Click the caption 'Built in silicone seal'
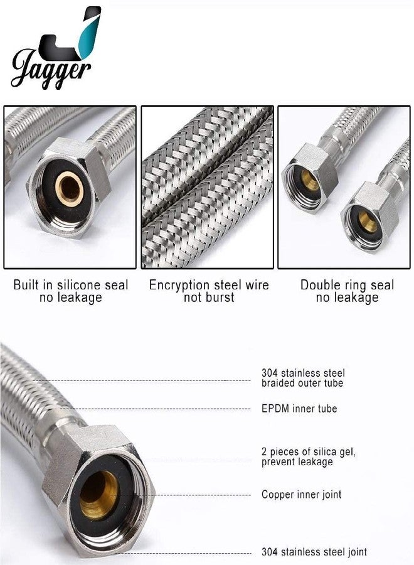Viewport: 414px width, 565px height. pos(70,285)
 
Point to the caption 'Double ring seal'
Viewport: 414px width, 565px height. pos(347,285)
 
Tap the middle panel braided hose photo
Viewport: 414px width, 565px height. pos(207,186)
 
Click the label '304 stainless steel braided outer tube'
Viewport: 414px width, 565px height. pos(303,378)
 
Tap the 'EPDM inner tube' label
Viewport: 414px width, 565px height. pos(299,409)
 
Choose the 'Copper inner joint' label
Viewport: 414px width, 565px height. pos(301,495)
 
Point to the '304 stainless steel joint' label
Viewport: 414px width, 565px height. pos(314,552)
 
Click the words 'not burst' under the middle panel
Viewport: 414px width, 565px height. pos(209,298)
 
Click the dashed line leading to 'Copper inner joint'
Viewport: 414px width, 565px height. pos(188,495)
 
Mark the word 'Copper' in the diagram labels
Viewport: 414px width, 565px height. pos(276,495)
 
